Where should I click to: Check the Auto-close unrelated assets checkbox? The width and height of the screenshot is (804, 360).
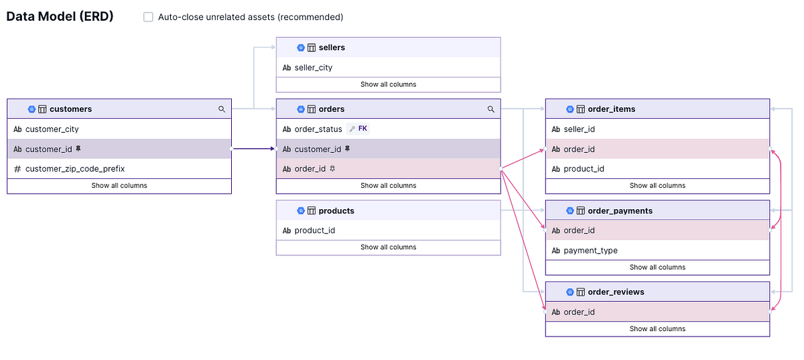(148, 17)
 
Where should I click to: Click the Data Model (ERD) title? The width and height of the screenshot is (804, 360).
(60, 17)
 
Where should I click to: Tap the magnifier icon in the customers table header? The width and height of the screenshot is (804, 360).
(222, 109)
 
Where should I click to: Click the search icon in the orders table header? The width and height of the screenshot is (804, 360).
(491, 109)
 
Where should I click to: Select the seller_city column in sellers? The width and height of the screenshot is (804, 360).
(313, 68)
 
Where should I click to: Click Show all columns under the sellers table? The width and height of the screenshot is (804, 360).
(388, 84)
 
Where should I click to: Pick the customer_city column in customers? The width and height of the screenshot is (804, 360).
(52, 129)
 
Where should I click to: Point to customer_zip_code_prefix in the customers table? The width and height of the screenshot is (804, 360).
(74, 169)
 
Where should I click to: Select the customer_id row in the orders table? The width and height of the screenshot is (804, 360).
(318, 149)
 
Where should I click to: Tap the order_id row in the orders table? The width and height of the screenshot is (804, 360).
(310, 169)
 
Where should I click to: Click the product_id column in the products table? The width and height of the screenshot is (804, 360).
(314, 231)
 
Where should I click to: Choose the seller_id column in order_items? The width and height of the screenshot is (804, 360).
(579, 129)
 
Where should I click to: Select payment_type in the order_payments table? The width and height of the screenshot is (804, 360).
(590, 251)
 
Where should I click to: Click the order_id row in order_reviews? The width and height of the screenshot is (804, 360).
(579, 312)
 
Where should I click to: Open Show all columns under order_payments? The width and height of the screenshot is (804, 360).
(657, 267)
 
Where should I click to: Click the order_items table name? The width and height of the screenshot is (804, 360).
(611, 109)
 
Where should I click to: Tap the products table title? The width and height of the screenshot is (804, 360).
(336, 211)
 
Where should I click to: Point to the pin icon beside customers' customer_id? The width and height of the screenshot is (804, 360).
(78, 149)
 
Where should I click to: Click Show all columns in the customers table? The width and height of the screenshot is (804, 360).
(119, 186)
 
